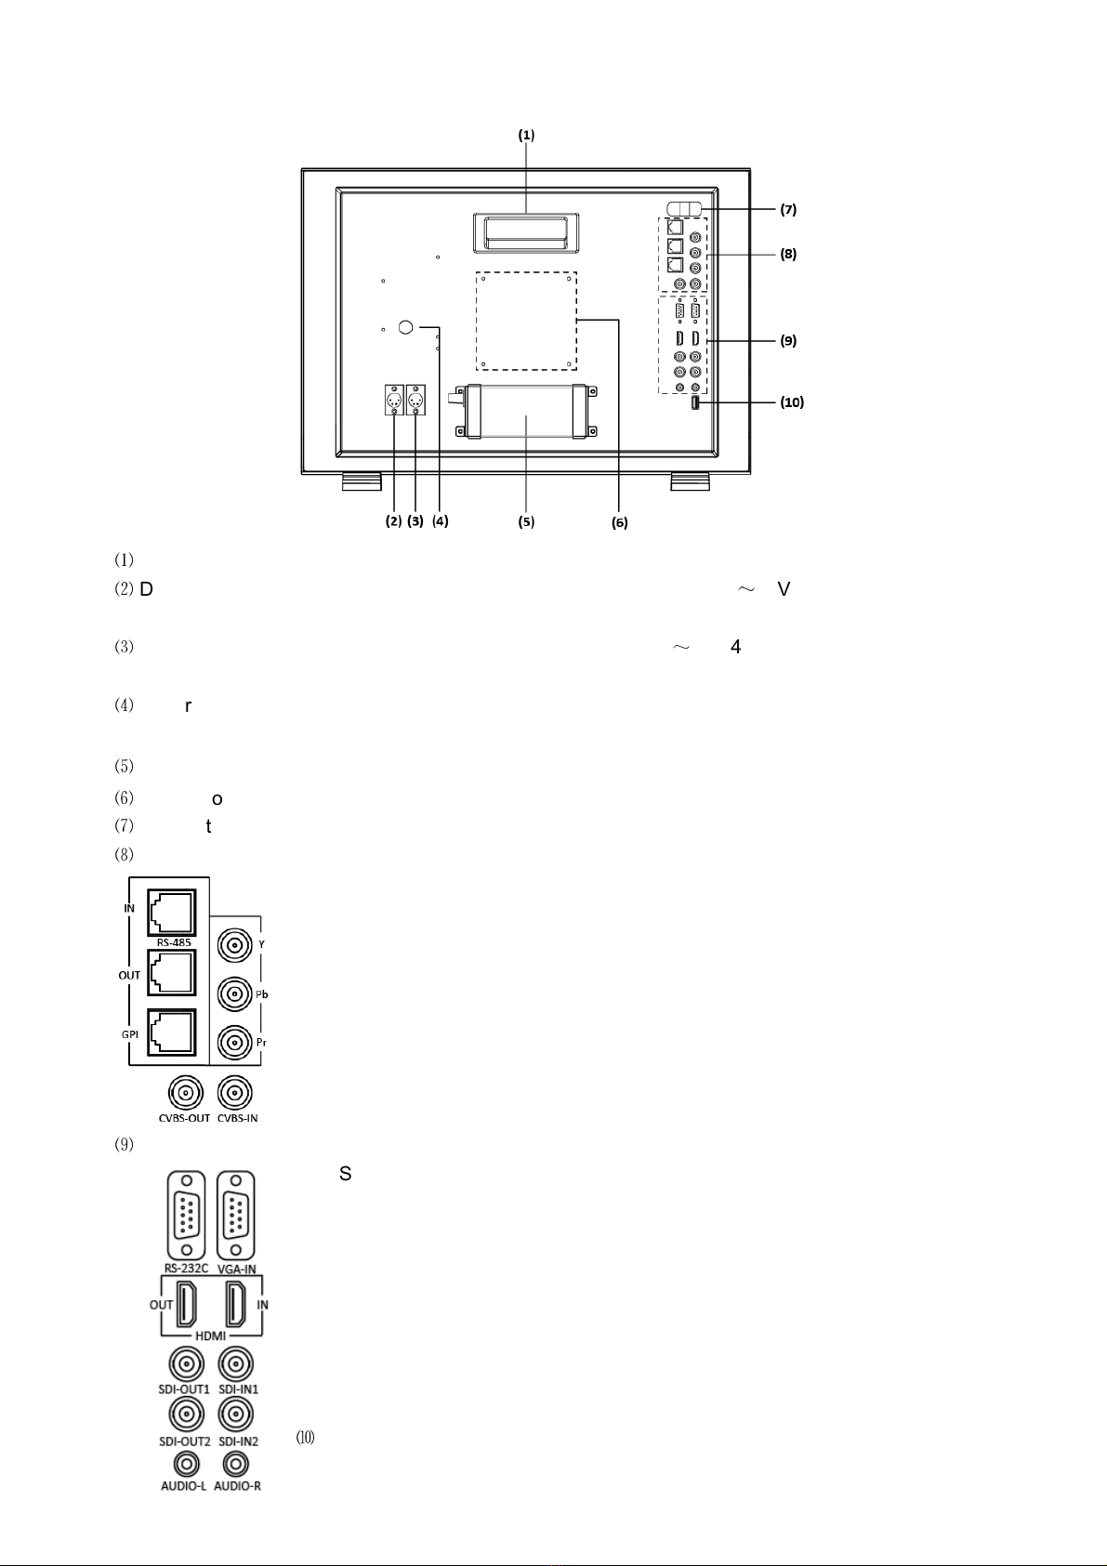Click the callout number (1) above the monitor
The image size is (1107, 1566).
526,135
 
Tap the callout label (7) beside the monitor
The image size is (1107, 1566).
788,210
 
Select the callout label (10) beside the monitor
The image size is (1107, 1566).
791,402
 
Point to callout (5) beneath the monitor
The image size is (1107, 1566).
526,522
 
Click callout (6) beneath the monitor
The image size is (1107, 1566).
619,523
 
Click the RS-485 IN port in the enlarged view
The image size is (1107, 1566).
171,912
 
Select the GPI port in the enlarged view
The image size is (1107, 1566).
171,1032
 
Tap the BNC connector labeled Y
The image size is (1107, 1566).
233,947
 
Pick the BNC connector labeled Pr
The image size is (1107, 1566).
233,1041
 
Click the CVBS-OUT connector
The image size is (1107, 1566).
184,1093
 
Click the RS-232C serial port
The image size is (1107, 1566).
186,1216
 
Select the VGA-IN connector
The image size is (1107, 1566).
236,1216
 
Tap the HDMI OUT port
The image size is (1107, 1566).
187,1304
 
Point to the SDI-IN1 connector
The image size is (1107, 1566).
237,1364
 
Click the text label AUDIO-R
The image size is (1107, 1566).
237,1486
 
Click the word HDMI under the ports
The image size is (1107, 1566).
211,1336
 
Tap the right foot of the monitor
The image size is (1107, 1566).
691,480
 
